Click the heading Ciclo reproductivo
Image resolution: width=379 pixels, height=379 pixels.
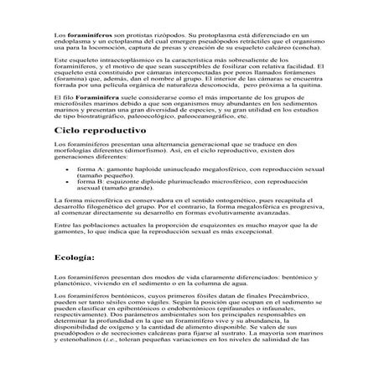click(100, 132)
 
